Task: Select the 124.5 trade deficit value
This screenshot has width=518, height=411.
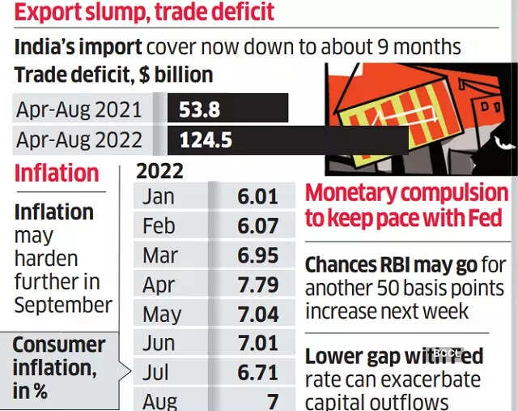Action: click(206, 140)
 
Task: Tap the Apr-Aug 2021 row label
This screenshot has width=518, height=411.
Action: click(79, 109)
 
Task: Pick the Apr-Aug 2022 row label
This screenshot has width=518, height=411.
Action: click(79, 140)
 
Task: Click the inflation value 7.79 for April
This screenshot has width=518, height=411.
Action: click(257, 285)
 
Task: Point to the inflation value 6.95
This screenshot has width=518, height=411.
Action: click(257, 255)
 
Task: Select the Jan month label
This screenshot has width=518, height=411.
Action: click(158, 196)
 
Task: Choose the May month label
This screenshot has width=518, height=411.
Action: click(161, 314)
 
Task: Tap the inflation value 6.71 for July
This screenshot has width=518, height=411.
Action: click(257, 372)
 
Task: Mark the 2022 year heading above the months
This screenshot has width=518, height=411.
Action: click(159, 171)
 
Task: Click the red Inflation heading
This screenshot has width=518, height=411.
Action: click(57, 173)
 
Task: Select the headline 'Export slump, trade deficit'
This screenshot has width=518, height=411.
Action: click(144, 13)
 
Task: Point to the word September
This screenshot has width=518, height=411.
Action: click(63, 305)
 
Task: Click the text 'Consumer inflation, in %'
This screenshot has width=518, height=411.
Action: click(58, 367)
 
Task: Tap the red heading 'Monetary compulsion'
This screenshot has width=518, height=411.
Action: click(406, 194)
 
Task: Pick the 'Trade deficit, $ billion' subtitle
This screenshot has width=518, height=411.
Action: click(113, 75)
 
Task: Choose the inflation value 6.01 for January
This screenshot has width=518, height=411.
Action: click(257, 196)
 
